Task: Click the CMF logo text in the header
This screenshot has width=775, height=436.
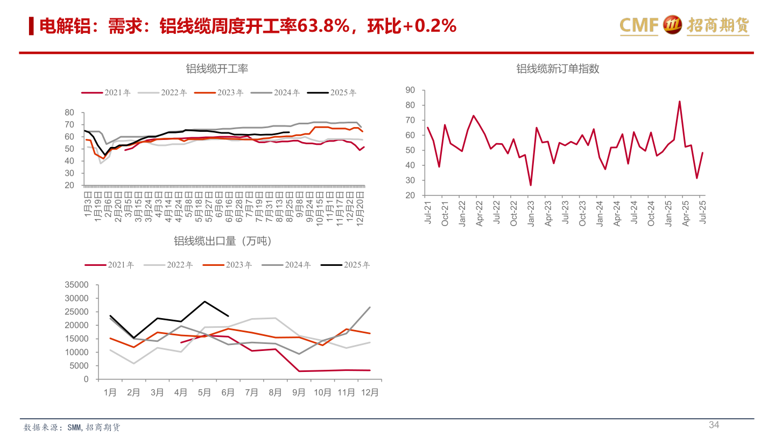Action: click(639, 25)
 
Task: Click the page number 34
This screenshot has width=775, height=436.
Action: click(714, 425)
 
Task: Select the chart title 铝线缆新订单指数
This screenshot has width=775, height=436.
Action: click(558, 69)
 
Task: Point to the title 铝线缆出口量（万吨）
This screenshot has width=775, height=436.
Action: click(223, 241)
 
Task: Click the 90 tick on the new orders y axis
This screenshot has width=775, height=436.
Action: click(410, 90)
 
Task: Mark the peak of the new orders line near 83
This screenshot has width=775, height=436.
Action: click(679, 101)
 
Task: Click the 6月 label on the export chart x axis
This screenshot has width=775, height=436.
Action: click(228, 393)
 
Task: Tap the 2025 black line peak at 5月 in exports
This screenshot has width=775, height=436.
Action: click(205, 301)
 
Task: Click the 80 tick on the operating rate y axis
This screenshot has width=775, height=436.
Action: click(69, 112)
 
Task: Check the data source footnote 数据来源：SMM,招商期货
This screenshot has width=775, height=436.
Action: click(72, 427)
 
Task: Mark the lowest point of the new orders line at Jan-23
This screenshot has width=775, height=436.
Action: click(531, 185)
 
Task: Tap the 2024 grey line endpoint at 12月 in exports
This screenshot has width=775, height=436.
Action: click(370, 307)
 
